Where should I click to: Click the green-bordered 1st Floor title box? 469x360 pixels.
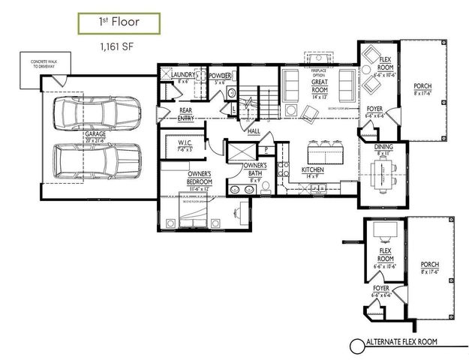tap(119, 22)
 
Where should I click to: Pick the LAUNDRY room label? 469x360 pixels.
tap(183, 75)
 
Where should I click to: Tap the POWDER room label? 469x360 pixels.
tap(220, 76)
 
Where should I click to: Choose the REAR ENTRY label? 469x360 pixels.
tap(186, 115)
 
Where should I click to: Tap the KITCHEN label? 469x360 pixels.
tap(313, 171)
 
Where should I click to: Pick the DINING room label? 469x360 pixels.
tap(383, 148)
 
